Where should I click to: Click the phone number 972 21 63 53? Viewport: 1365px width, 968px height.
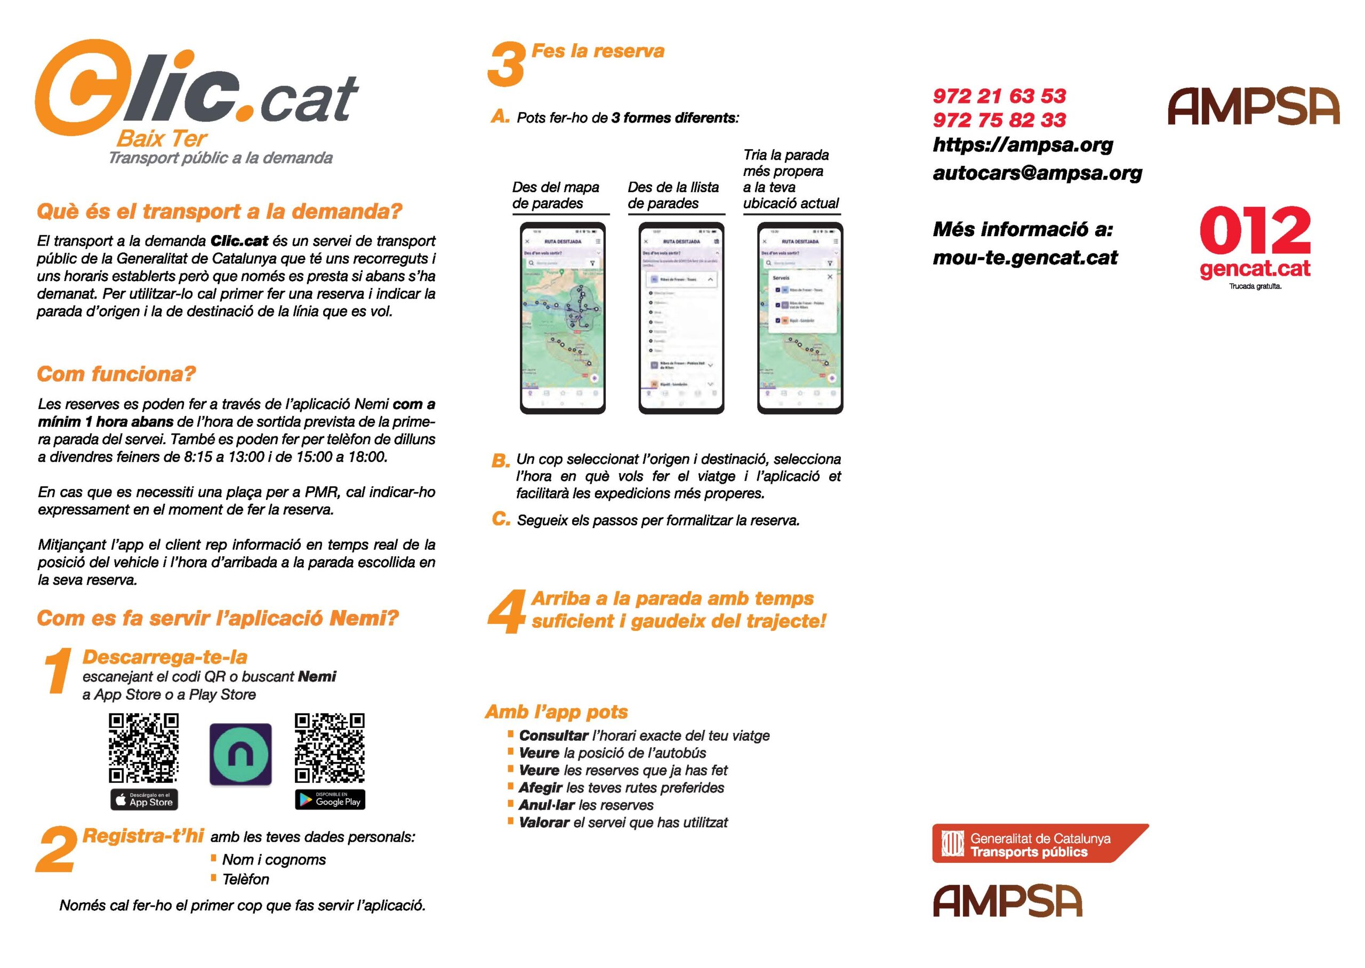(999, 96)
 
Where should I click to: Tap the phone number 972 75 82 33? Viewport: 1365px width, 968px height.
(999, 120)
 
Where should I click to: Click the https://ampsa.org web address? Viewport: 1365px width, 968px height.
(1022, 145)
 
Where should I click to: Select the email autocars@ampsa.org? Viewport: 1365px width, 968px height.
(1037, 173)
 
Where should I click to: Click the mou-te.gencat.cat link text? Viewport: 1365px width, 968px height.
(1025, 258)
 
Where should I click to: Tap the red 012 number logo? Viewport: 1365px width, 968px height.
(1255, 231)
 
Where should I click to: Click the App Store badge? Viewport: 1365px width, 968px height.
(144, 799)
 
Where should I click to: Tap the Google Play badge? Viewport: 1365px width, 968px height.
(330, 799)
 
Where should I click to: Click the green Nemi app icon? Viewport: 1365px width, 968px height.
(240, 754)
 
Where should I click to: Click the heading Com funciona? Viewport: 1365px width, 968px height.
(116, 374)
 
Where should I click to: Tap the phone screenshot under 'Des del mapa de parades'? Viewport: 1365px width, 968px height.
(563, 318)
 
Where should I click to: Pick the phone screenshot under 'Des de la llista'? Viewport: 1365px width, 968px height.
(681, 318)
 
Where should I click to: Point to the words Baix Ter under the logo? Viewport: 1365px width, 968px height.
(162, 139)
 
